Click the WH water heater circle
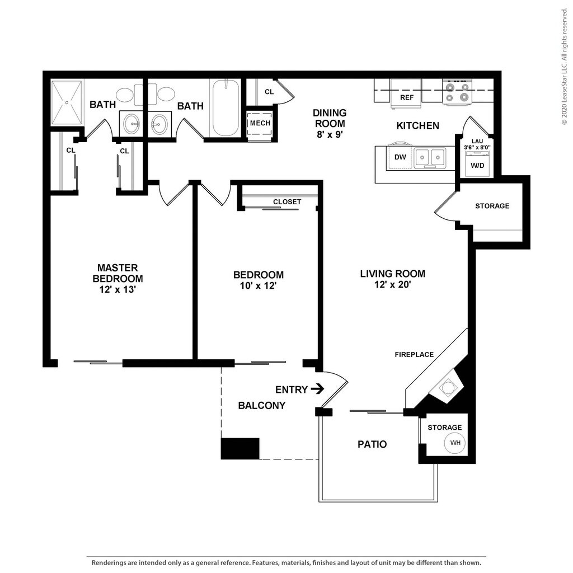pyautogui.click(x=455, y=443)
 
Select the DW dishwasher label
pyautogui.click(x=400, y=157)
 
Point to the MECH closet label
pyautogui.click(x=260, y=123)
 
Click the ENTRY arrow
pyautogui.click(x=317, y=389)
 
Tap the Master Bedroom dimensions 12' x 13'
pyautogui.click(x=118, y=289)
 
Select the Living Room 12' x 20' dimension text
pyautogui.click(x=392, y=284)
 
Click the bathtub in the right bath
pyautogui.click(x=226, y=108)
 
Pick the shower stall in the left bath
pyautogui.click(x=67, y=102)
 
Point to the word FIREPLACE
pyautogui.click(x=414, y=354)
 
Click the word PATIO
pyautogui.click(x=372, y=444)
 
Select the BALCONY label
pyautogui.click(x=261, y=405)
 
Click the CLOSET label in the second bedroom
pyautogui.click(x=287, y=201)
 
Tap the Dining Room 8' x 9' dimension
pyautogui.click(x=329, y=134)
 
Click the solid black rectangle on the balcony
pyautogui.click(x=240, y=449)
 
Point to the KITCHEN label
pyautogui.click(x=417, y=126)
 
